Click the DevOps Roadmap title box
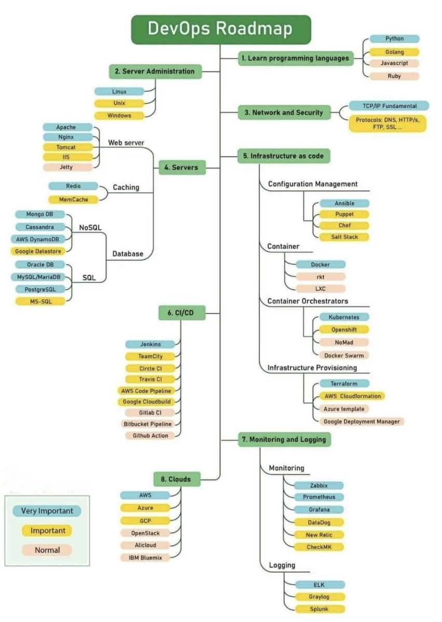(220, 29)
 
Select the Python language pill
(394, 39)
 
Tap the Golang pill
(394, 52)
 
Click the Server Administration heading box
(155, 71)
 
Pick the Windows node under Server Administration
(119, 116)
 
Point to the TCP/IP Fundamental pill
(389, 106)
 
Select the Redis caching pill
(73, 186)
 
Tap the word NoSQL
(90, 227)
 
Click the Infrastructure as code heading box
(284, 155)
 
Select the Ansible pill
(344, 203)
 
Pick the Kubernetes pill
(344, 317)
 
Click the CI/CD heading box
(182, 313)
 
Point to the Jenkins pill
(150, 344)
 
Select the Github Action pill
(150, 435)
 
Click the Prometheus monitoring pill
(319, 497)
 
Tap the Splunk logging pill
(319, 609)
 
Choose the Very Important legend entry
(47, 511)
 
